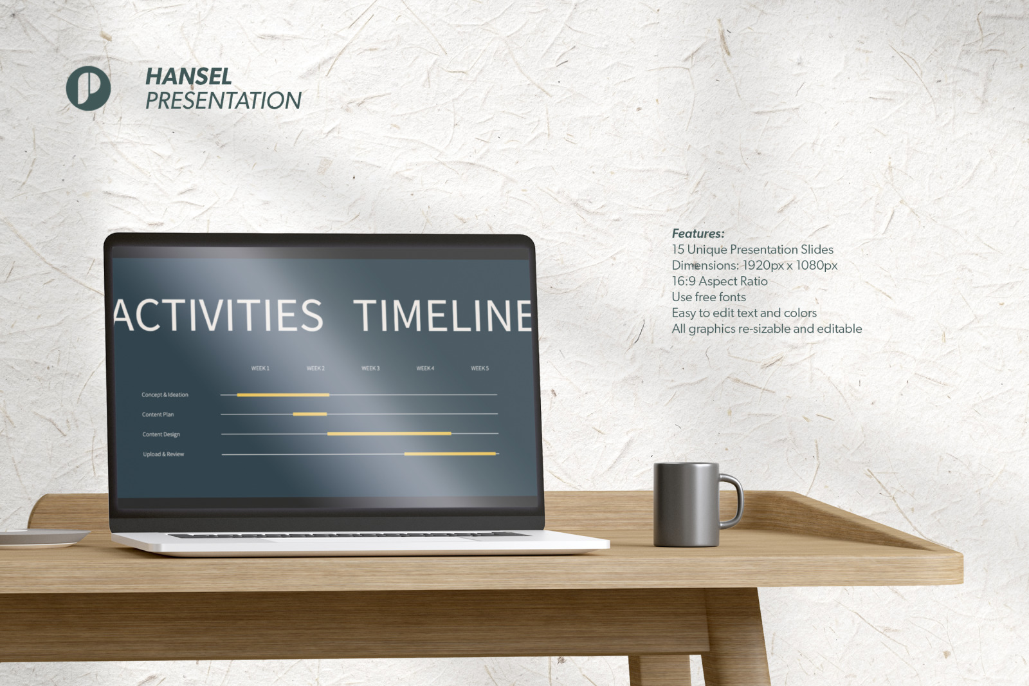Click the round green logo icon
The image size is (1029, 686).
pyautogui.click(x=88, y=88)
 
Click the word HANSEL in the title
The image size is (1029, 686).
pyautogui.click(x=188, y=77)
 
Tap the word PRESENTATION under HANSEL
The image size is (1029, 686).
pyautogui.click(x=223, y=100)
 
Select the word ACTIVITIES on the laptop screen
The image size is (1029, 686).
pyautogui.click(x=218, y=315)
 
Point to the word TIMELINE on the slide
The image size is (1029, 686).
pyautogui.click(x=442, y=315)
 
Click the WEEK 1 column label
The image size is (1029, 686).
pyautogui.click(x=260, y=368)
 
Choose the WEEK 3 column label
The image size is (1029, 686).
pyautogui.click(x=370, y=368)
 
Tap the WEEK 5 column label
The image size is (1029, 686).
pyautogui.click(x=480, y=368)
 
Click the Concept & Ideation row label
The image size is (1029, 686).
pyautogui.click(x=165, y=394)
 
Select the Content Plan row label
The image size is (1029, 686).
pyautogui.click(x=158, y=414)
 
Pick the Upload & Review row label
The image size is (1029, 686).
pyautogui.click(x=163, y=454)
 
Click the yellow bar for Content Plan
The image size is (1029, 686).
pyautogui.click(x=310, y=414)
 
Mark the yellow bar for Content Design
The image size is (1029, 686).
pyautogui.click(x=389, y=434)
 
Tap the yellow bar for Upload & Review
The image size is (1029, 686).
pyautogui.click(x=450, y=454)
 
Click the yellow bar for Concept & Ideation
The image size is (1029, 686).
pyautogui.click(x=283, y=395)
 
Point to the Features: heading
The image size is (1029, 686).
pyautogui.click(x=698, y=234)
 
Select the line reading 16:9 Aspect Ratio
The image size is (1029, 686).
pyautogui.click(x=720, y=281)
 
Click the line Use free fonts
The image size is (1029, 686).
pyautogui.click(x=709, y=297)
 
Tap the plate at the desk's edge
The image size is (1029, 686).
pyautogui.click(x=44, y=539)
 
